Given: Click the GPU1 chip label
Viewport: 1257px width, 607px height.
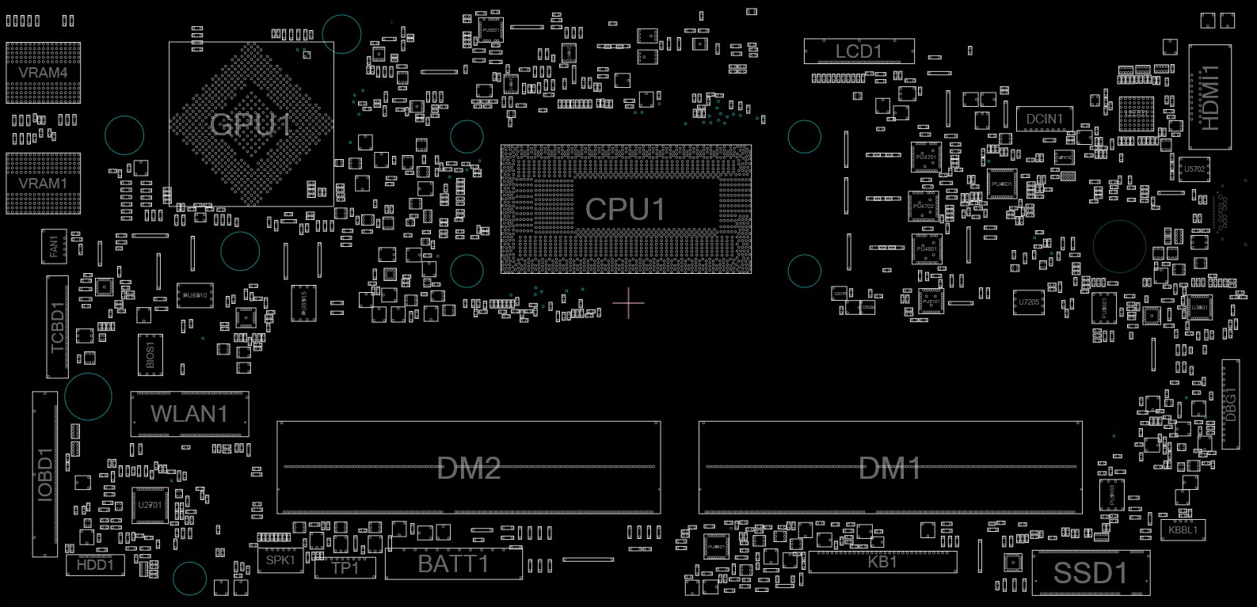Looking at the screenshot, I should click(251, 124).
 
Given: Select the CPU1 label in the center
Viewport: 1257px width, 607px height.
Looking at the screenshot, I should click(625, 210).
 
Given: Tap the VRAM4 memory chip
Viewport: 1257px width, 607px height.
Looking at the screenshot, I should click(43, 72).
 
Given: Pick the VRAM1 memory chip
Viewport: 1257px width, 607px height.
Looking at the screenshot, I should click(43, 183).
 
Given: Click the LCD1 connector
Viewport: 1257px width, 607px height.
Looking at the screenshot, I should click(859, 51).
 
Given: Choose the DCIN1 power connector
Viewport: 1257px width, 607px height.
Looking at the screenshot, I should click(1044, 120).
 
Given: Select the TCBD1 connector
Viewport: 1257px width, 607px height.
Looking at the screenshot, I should click(58, 327).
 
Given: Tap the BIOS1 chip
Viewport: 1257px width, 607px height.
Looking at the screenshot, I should click(150, 354).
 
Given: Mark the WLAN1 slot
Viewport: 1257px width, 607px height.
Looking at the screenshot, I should click(189, 413).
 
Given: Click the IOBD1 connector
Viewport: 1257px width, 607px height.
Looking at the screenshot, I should click(45, 473).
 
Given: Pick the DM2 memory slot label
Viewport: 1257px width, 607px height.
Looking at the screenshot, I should click(469, 469).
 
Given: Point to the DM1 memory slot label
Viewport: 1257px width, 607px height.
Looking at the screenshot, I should click(890, 469).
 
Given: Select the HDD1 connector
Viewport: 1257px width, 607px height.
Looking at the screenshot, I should click(95, 564).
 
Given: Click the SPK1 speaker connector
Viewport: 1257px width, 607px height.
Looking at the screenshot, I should click(280, 560).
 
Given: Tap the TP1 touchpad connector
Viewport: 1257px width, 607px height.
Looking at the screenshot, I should click(345, 567).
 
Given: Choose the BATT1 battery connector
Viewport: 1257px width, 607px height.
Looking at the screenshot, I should click(454, 564).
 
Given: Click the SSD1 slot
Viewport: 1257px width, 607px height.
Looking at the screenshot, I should click(1091, 573).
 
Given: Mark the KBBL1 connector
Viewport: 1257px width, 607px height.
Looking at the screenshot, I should click(1183, 530).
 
